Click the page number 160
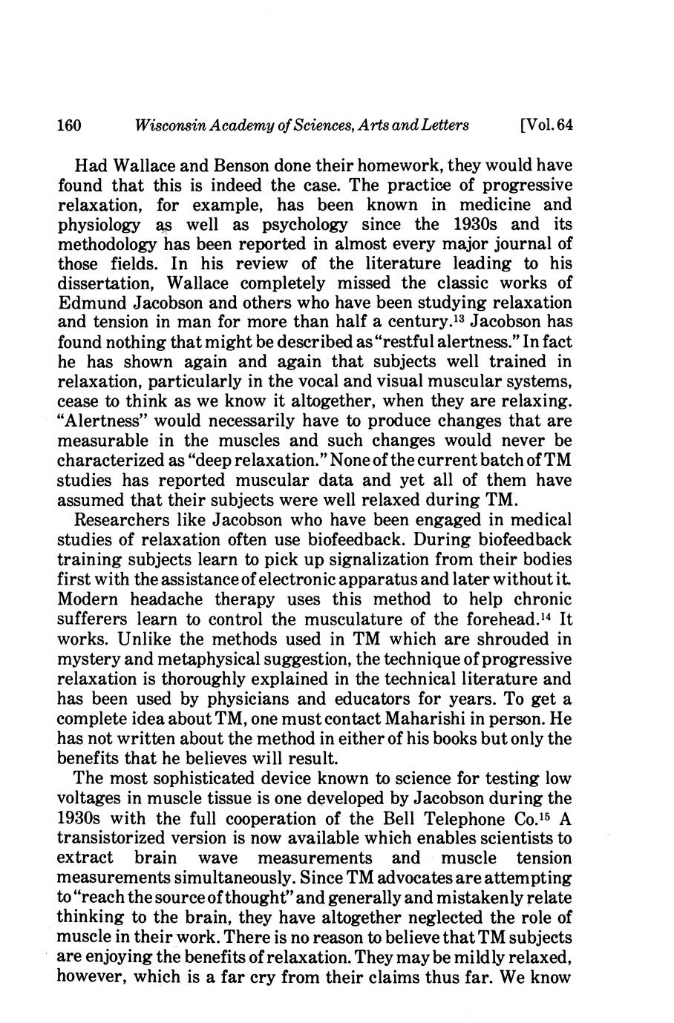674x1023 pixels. pyautogui.click(x=73, y=125)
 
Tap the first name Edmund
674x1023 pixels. pyautogui.click(x=91, y=303)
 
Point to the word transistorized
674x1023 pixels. pyautogui.click(x=114, y=838)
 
